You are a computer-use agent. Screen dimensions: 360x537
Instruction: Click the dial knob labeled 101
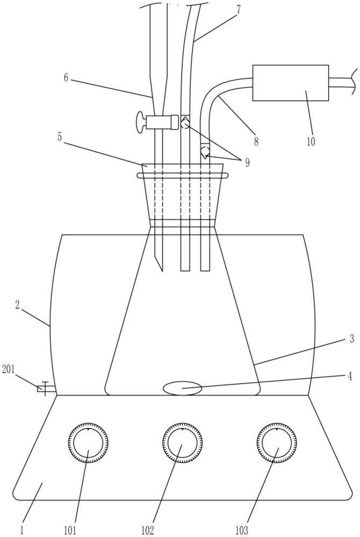[x=88, y=442]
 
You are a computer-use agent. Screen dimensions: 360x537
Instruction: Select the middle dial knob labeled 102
[x=182, y=442]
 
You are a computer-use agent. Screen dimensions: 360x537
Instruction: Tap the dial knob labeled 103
[x=277, y=442]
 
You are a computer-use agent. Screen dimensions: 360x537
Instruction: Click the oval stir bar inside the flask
[x=182, y=389]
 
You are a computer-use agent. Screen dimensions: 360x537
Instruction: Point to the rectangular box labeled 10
[x=291, y=83]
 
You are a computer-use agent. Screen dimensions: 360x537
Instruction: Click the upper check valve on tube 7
[x=185, y=122]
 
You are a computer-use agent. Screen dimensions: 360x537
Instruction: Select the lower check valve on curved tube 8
[x=205, y=151]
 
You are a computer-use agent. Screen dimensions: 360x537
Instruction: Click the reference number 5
[x=60, y=137]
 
